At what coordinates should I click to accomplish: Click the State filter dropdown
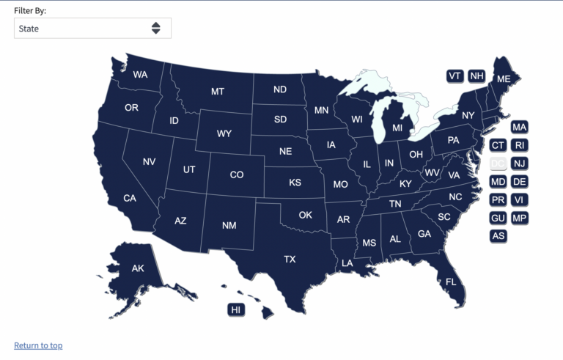tap(92, 29)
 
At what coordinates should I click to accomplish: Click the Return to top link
tap(38, 345)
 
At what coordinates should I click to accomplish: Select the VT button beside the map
tap(455, 76)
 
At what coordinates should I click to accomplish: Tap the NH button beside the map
tap(476, 76)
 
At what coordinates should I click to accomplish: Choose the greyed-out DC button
tap(498, 164)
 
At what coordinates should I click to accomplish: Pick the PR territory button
tap(498, 200)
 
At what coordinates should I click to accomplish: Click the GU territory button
tap(498, 218)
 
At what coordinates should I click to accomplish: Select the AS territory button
tap(498, 236)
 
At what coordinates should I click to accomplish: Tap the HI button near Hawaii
tap(236, 310)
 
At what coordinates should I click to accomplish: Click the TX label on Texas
tap(290, 259)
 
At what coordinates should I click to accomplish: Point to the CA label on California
tap(130, 198)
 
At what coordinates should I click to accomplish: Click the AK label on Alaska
tap(138, 268)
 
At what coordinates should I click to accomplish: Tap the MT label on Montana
tap(218, 92)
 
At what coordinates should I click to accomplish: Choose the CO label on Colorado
tap(237, 175)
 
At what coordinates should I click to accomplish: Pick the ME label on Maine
tap(504, 78)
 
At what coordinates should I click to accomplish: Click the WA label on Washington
tap(140, 75)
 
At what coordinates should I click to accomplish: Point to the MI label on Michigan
tap(397, 128)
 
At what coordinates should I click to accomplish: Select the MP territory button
tap(519, 218)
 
